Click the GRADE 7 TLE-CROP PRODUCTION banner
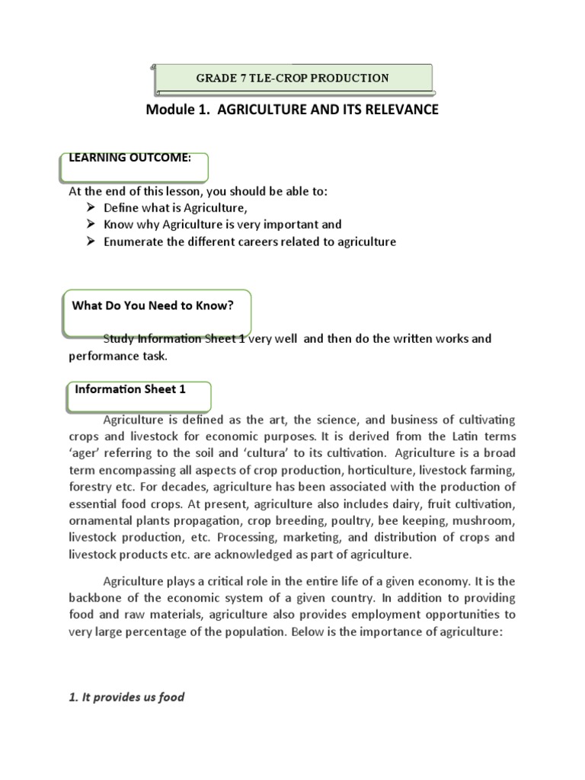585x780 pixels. (293, 78)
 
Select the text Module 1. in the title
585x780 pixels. (177, 110)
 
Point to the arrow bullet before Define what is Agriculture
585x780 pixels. (90, 208)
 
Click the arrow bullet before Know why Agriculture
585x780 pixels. (90, 225)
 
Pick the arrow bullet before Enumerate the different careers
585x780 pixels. (90, 242)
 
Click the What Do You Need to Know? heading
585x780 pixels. (152, 306)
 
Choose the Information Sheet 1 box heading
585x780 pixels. (130, 389)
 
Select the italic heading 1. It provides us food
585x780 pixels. (126, 696)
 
